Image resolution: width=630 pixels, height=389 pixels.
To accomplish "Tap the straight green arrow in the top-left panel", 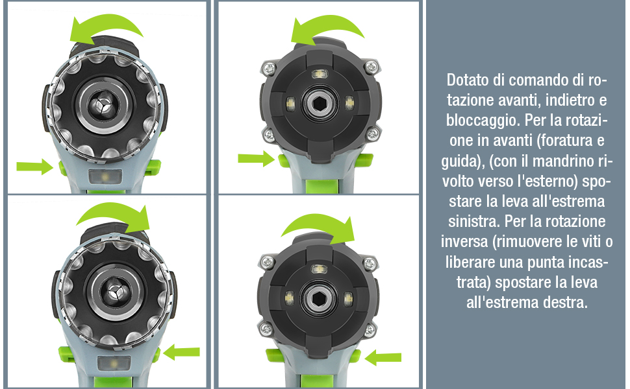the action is (x=35, y=166).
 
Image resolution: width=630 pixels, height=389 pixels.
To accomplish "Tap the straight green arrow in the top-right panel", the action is (x=257, y=158).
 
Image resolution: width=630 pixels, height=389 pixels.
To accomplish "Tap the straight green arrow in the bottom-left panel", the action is (x=182, y=351).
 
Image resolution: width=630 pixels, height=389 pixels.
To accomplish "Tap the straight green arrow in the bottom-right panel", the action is (x=383, y=357).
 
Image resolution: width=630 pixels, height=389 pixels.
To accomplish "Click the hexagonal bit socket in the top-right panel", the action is (x=320, y=104).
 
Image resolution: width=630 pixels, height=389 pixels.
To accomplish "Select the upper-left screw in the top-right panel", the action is (x=268, y=67).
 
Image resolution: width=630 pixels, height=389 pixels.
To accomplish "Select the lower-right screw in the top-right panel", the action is (x=373, y=133).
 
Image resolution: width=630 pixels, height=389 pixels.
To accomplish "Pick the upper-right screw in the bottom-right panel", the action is (x=370, y=263).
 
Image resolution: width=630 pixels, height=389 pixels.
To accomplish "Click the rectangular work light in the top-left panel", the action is (x=105, y=176).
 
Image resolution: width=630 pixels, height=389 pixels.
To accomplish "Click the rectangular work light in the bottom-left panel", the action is (x=114, y=363).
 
